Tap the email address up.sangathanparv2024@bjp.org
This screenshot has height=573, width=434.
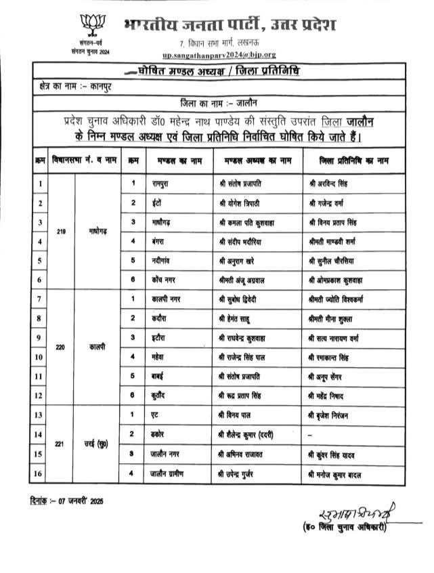219,54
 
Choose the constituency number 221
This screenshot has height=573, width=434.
61,443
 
